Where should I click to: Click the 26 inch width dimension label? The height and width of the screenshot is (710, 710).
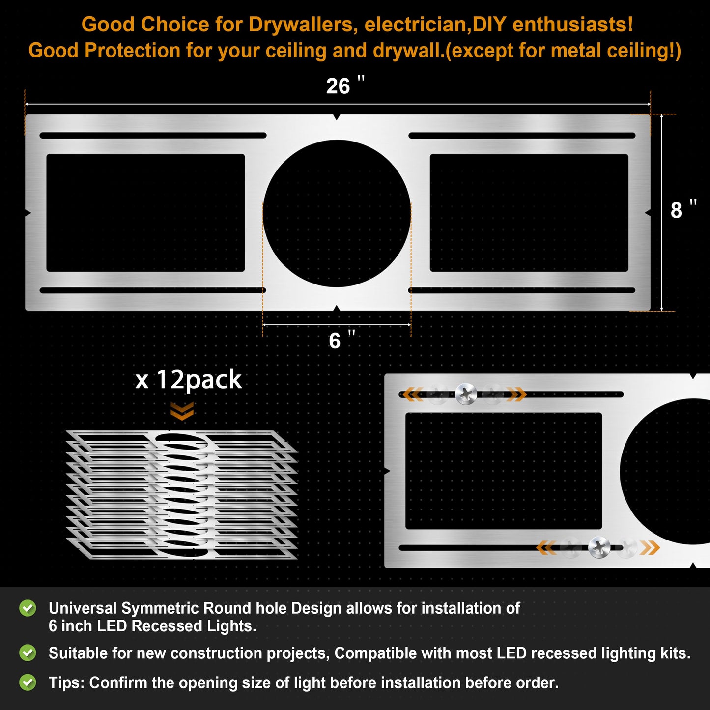345,85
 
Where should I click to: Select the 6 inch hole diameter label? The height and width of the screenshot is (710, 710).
342,340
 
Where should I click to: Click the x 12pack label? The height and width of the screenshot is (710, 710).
188,380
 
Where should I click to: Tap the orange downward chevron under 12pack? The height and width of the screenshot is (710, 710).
182,411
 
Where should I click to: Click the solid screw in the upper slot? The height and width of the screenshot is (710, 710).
466,394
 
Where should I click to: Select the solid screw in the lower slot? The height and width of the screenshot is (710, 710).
599,547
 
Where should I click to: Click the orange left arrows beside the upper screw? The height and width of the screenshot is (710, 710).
412,394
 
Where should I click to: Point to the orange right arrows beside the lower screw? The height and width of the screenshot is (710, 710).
650,548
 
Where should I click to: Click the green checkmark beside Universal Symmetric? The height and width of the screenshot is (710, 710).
28,608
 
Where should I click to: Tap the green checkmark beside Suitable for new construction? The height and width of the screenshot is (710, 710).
28,653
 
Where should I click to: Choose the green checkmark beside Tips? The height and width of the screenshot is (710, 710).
28,683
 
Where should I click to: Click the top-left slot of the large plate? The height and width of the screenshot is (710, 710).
153,136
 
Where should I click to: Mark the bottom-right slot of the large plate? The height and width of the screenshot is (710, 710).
522,290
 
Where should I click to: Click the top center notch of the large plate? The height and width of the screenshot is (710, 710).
337,117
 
